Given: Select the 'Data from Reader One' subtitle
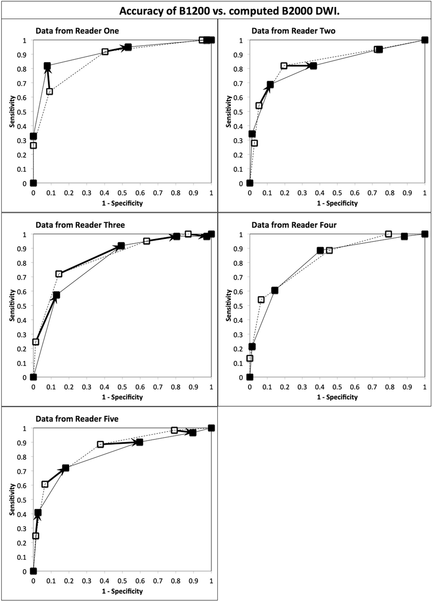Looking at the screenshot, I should coord(77,31).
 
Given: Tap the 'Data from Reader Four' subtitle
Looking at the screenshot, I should coord(294,225).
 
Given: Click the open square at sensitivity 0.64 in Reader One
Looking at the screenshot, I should coord(49,91).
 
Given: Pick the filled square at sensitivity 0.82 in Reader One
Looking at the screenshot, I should coord(47,66).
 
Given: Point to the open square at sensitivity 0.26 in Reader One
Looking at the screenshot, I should coord(33,145).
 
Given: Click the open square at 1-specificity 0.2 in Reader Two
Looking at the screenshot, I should coord(284,66).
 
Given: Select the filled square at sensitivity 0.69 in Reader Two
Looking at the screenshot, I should coord(270,85).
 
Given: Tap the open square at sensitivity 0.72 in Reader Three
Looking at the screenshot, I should coord(59,274).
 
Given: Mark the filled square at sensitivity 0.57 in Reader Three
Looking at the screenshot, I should coord(57,295).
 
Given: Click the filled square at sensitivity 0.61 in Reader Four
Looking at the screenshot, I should coord(275,290).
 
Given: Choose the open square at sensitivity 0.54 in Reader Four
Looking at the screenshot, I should coord(261,300).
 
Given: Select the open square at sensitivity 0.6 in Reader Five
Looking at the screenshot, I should coord(45,484).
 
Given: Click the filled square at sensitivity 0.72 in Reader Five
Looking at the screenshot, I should coord(66,468).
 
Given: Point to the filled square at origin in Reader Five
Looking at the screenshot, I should coord(33,571).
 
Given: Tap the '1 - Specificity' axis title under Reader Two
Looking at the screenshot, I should coord(337,203).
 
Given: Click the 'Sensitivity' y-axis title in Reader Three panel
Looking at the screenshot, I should coord(12,305).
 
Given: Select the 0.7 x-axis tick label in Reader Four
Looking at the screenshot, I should coord(372,387).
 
